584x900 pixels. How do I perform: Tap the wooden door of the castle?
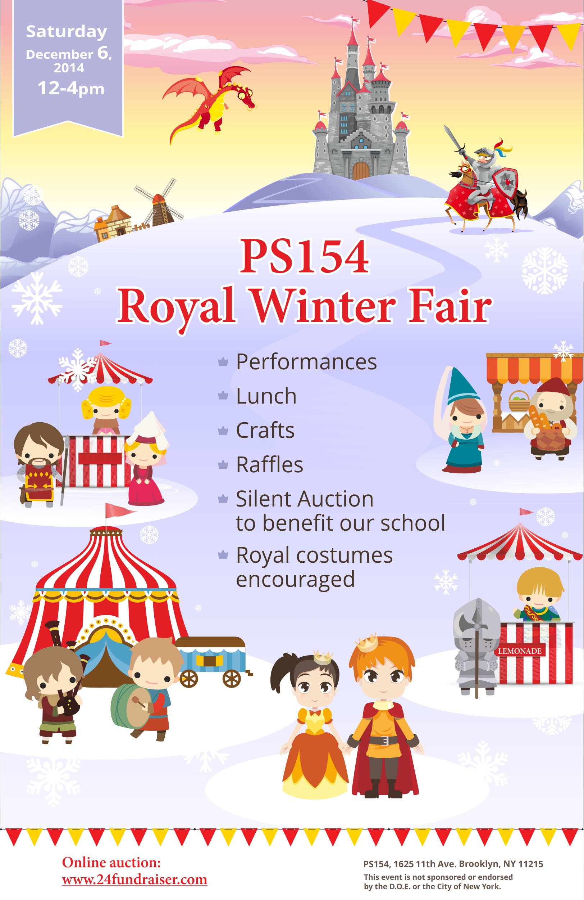(x=361, y=170)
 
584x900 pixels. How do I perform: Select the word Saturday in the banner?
(x=67, y=32)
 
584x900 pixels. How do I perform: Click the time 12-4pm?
(x=70, y=89)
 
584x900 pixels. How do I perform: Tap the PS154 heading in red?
(x=304, y=256)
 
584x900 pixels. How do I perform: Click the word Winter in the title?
(x=323, y=306)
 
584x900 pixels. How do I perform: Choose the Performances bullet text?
(x=306, y=362)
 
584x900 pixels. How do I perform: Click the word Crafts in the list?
(x=265, y=430)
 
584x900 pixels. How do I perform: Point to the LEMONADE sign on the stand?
(x=520, y=651)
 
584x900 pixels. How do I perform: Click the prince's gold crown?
(x=366, y=643)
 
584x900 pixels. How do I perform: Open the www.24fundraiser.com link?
(x=134, y=879)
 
